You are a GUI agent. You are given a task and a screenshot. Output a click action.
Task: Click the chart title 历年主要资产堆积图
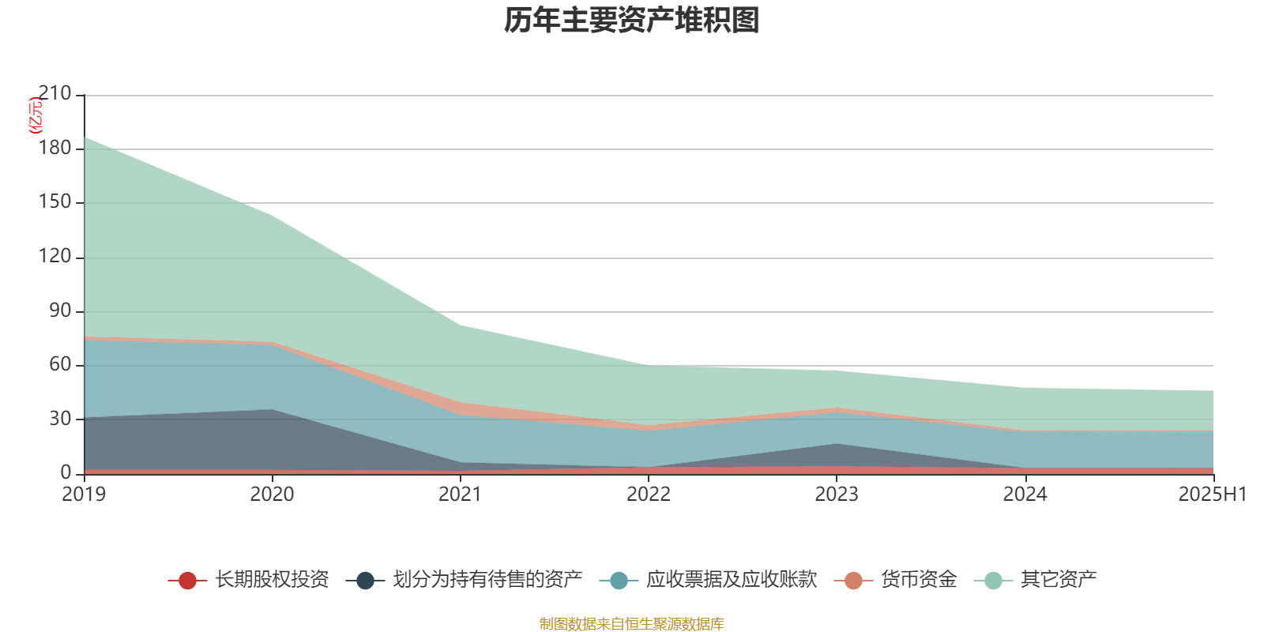(x=632, y=21)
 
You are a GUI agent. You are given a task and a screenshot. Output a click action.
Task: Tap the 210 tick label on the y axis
(x=55, y=94)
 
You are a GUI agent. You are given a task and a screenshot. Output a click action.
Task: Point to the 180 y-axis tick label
(x=55, y=149)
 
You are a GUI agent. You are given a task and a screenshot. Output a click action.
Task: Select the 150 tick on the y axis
(x=55, y=202)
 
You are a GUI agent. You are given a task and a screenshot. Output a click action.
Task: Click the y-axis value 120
(x=55, y=257)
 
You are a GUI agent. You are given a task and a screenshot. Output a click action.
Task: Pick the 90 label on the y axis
(x=60, y=310)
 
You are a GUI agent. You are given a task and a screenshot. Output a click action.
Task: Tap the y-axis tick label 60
(x=60, y=364)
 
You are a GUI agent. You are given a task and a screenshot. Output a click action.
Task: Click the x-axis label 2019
(x=84, y=495)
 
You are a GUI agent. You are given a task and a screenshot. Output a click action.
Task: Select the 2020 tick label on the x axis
(x=272, y=495)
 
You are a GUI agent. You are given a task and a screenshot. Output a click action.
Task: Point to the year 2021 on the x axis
(x=460, y=495)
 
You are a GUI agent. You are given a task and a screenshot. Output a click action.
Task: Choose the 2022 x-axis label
(x=648, y=495)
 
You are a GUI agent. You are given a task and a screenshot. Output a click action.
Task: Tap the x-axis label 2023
(x=837, y=495)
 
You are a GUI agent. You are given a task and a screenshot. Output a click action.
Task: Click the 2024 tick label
(x=1025, y=495)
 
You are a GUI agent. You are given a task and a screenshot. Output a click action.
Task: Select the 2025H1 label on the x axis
(x=1212, y=495)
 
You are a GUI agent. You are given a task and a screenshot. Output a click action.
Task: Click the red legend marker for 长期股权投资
(x=187, y=581)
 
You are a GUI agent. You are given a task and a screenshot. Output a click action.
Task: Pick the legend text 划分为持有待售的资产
(x=487, y=580)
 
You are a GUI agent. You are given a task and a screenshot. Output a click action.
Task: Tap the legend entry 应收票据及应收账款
(x=731, y=580)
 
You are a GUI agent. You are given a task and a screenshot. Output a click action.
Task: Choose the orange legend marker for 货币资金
(x=853, y=581)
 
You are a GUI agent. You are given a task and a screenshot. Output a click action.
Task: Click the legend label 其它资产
(x=1058, y=580)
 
